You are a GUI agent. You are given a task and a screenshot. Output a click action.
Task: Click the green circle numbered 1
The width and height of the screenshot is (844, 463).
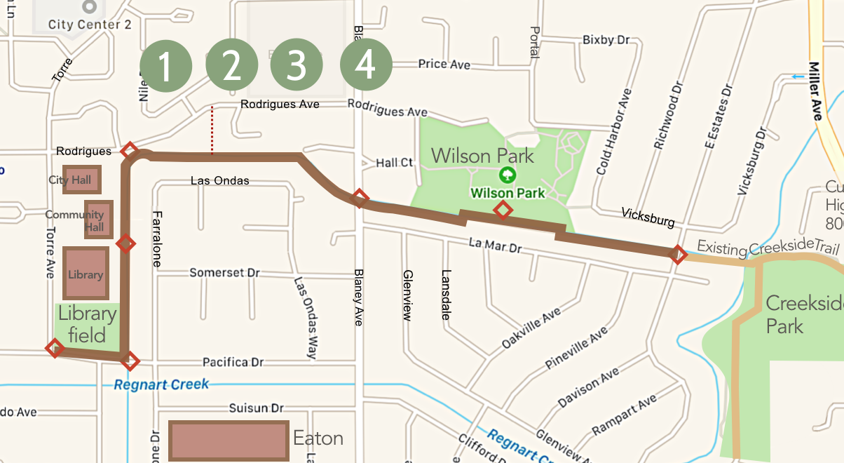pyautogui.click(x=165, y=66)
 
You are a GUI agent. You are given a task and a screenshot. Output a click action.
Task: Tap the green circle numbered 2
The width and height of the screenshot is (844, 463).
pyautogui.click(x=232, y=66)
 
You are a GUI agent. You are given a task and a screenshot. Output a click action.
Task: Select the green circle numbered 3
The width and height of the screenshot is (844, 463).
pyautogui.click(x=297, y=66)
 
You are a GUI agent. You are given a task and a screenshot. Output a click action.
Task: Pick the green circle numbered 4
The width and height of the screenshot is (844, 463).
pyautogui.click(x=365, y=66)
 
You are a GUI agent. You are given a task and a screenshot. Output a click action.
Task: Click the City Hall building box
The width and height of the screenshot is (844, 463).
pyautogui.click(x=81, y=180)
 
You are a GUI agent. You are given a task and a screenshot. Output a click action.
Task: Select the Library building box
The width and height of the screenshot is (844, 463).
pyautogui.click(x=86, y=273)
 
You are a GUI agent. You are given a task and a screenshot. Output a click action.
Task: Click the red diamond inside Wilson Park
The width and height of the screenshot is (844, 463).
pyautogui.click(x=502, y=209)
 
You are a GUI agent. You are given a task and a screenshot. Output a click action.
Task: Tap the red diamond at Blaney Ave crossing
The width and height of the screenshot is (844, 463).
pyautogui.click(x=359, y=198)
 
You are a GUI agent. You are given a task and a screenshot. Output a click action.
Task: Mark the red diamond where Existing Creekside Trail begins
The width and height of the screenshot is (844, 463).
pyautogui.click(x=677, y=254)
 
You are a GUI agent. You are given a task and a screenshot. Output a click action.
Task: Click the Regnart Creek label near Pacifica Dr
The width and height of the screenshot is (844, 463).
pyautogui.click(x=161, y=385)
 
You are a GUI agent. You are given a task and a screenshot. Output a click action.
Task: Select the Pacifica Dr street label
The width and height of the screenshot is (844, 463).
pyautogui.click(x=233, y=362)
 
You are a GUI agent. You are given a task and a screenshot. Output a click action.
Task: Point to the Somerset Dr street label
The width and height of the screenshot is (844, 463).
pyautogui.click(x=224, y=272)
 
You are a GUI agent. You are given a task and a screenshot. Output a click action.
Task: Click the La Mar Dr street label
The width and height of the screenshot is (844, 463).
pyautogui.click(x=496, y=246)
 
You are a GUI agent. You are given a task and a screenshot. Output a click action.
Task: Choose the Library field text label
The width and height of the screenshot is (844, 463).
pyautogui.click(x=87, y=324)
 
